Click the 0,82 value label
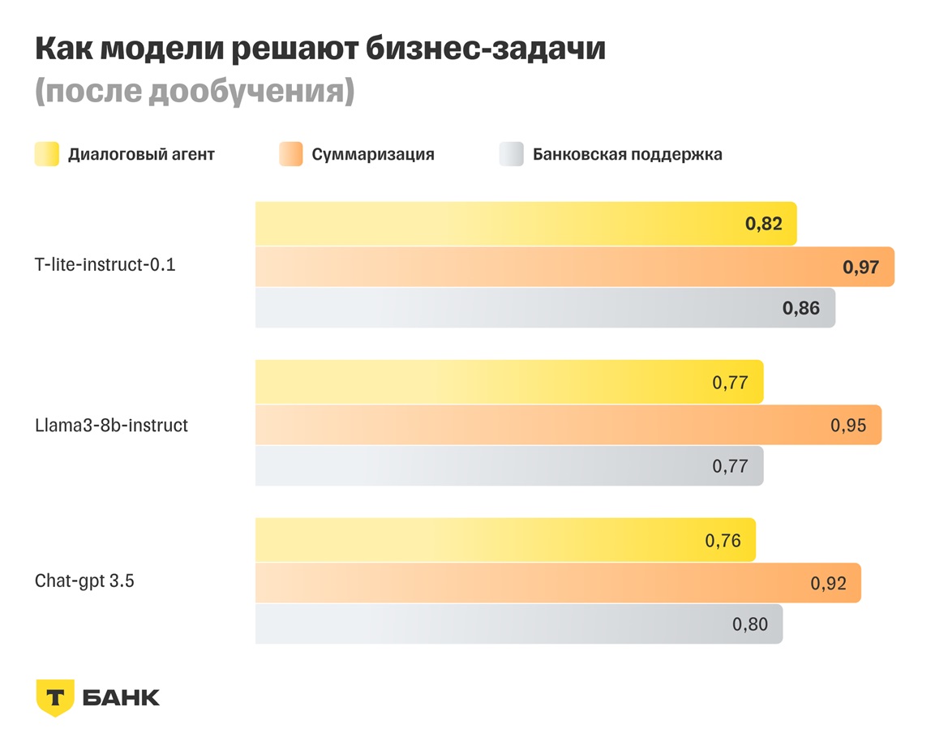coord(763,224)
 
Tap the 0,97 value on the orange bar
coord(860,267)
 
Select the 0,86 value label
coord(800,308)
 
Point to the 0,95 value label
coord(848,425)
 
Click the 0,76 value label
coord(723,541)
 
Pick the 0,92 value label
coord(828,583)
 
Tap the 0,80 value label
coord(750,624)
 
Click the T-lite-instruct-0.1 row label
coord(105,264)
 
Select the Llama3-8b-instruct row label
coord(111,425)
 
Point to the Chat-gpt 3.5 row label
coord(84,580)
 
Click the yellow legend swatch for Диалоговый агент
coord(46,154)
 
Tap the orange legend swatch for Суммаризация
coord(290,154)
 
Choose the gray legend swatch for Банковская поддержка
coord(511,154)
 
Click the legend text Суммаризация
coord(373,154)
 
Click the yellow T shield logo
coord(55,697)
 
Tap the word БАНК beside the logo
coord(122,697)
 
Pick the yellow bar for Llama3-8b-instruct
coord(508,382)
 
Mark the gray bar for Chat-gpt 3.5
coord(518,624)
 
